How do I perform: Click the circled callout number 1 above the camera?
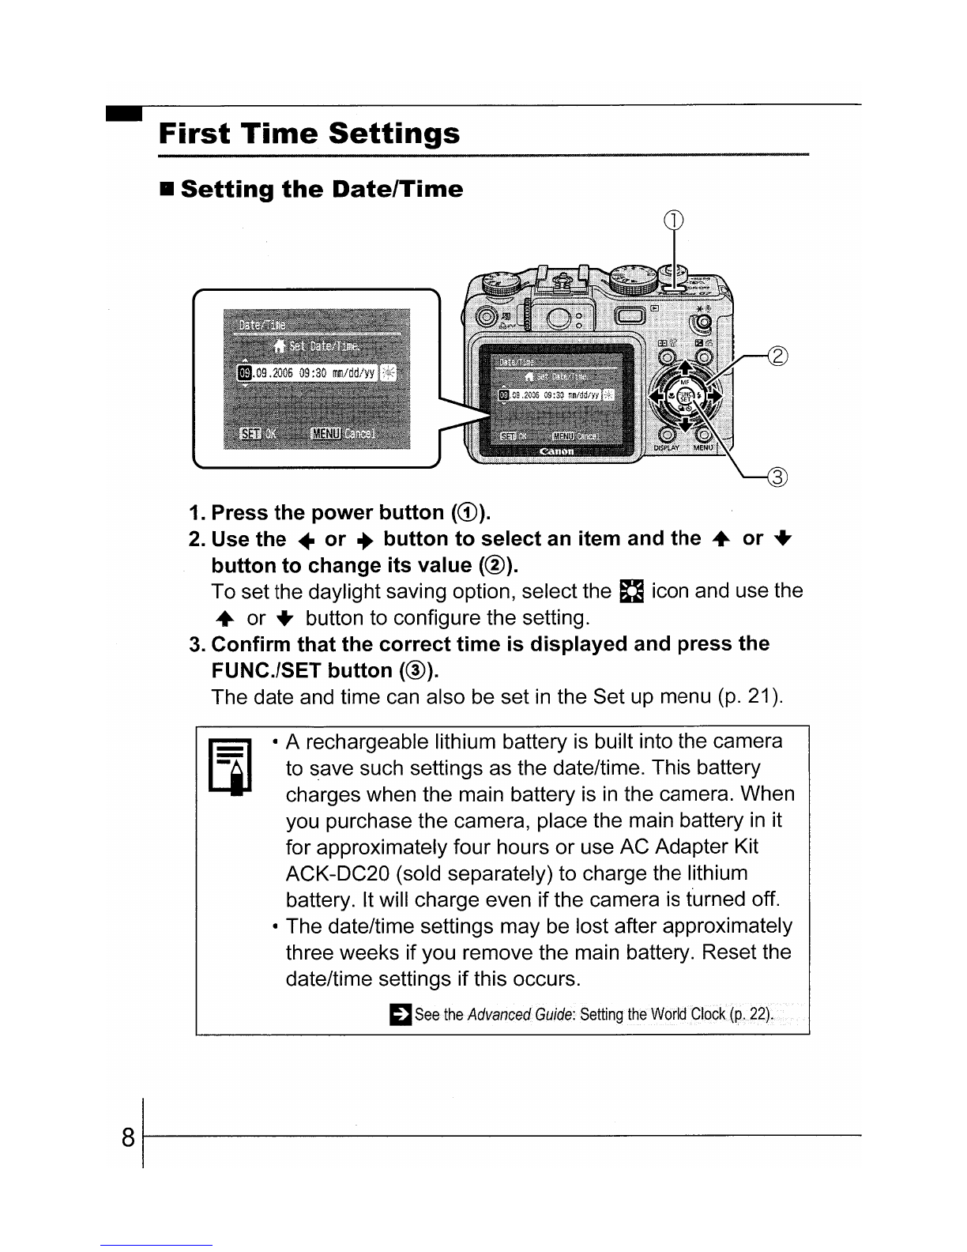tap(673, 221)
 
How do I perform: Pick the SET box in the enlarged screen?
tap(250, 433)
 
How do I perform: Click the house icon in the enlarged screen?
tap(280, 345)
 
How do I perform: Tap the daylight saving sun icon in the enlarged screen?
tap(389, 373)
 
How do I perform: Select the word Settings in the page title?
tap(393, 133)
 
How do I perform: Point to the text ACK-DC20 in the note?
tap(337, 873)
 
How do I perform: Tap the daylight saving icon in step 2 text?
tap(633, 592)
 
